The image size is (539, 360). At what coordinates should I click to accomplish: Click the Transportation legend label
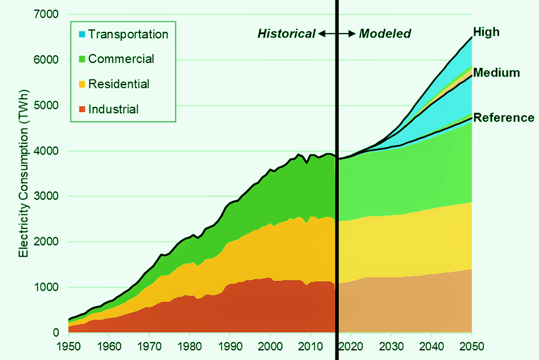128,34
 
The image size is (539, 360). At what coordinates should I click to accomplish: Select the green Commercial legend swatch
81,59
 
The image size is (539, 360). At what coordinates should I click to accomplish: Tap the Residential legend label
119,84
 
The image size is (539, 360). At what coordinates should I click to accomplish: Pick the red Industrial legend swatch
81,109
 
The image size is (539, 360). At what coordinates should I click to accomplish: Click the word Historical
286,34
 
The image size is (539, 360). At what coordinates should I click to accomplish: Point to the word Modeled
385,34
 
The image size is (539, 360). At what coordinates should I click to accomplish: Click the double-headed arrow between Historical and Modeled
336,34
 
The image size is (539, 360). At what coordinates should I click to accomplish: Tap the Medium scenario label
496,73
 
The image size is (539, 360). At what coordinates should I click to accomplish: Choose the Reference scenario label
504,118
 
